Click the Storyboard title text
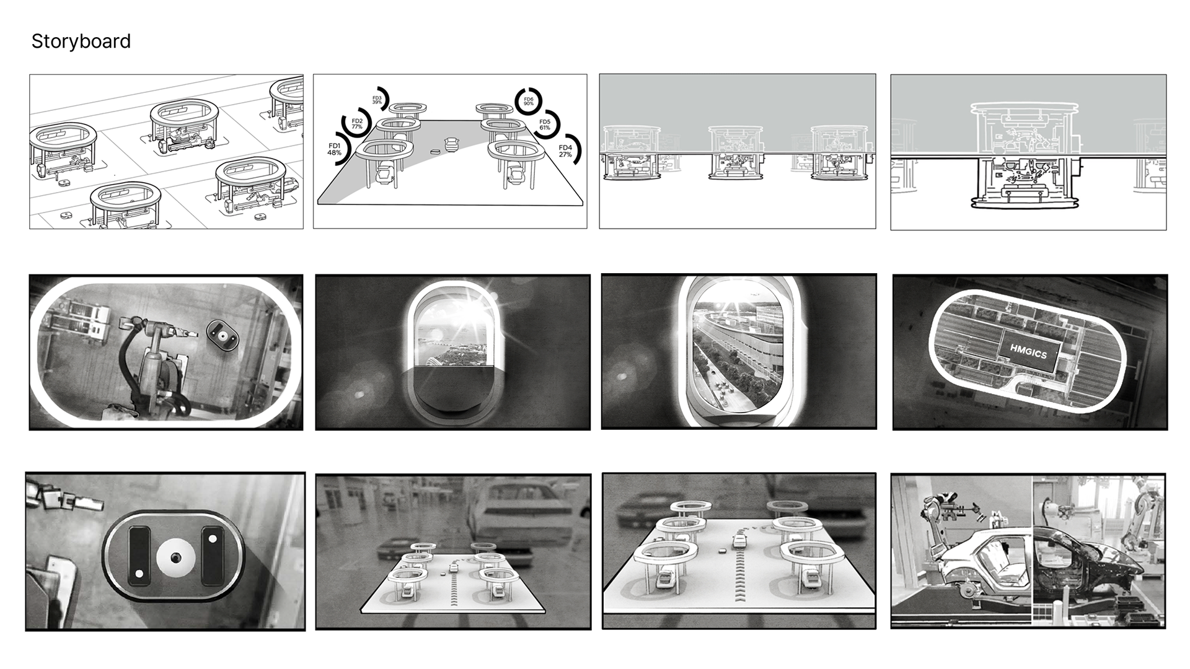(81, 42)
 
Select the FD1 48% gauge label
(334, 149)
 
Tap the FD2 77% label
(357, 124)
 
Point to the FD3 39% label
(377, 100)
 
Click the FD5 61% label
(545, 125)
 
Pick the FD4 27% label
(565, 151)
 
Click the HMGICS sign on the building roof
(1028, 352)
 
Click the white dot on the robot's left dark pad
(139, 574)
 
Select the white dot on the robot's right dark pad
(213, 539)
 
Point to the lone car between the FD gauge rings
(452, 143)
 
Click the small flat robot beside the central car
(434, 151)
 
